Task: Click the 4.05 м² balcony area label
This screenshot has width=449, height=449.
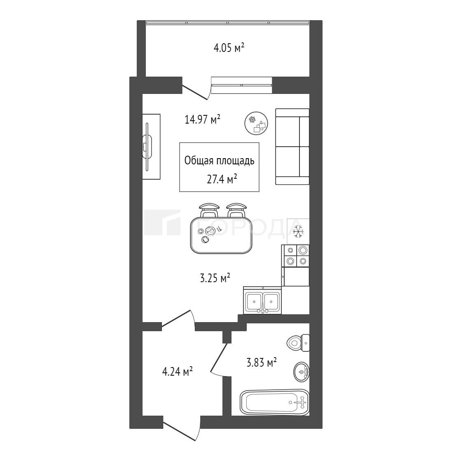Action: pos(229,48)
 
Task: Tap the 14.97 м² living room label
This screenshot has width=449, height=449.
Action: pos(202,119)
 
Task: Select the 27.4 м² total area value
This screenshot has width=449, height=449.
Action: pos(222,179)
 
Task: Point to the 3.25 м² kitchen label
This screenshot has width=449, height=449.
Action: pos(215,278)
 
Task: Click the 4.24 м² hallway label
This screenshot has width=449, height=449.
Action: pos(177,372)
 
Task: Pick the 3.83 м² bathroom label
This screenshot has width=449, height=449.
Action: pos(262,362)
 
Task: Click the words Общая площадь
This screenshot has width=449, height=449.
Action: pos(219,161)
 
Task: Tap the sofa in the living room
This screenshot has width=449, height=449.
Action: pos(292,147)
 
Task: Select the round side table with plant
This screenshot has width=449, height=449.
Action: pos(256,124)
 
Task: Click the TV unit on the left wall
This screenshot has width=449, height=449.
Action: pos(151,147)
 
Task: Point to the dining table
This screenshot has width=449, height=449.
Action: pos(221,235)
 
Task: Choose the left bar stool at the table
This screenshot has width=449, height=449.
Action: pos(209,210)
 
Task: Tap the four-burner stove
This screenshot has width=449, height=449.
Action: pos(296,256)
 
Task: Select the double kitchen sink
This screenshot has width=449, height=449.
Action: pos(262,301)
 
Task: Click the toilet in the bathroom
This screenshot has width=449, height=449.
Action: pos(298,342)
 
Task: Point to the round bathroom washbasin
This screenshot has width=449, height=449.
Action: pos(302,372)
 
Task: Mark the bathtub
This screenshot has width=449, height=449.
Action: pos(275,402)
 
